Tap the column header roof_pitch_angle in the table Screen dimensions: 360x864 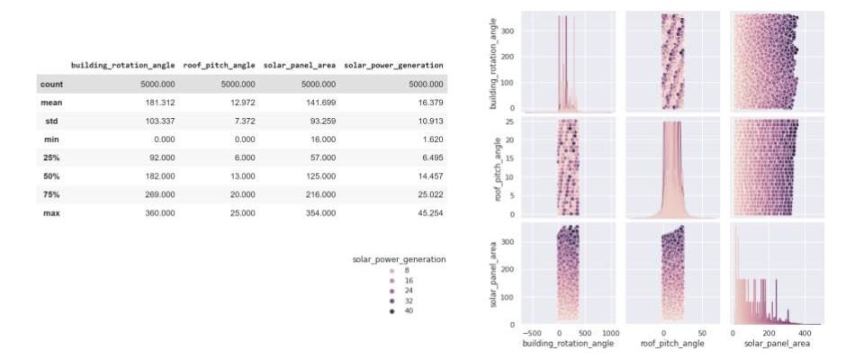click(x=220, y=66)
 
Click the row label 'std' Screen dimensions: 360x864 click(x=50, y=121)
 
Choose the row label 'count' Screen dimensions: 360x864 click(x=50, y=85)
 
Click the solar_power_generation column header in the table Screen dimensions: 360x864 click(x=394, y=66)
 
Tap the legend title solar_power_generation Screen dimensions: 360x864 click(x=398, y=260)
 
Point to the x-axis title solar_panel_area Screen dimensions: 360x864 click(x=777, y=343)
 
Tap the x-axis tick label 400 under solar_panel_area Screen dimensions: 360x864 click(x=803, y=332)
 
